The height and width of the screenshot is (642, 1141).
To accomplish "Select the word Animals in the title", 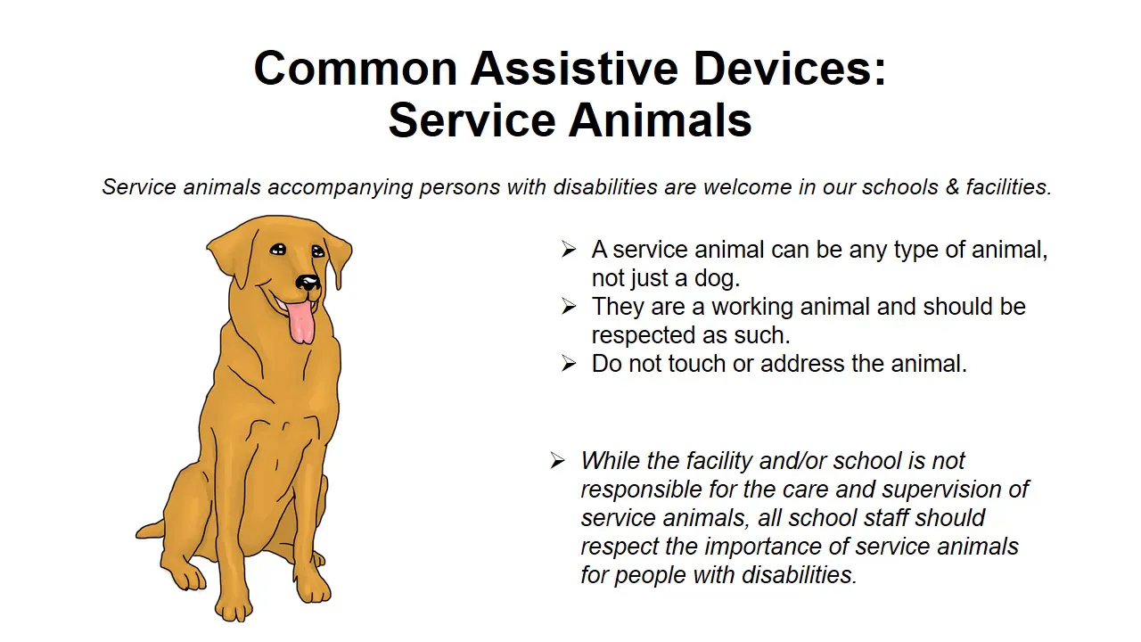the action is [661, 120].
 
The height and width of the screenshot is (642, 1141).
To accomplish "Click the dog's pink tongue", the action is [300, 322].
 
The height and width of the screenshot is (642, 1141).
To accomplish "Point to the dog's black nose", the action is [308, 282].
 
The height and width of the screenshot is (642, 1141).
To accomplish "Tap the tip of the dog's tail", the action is [137, 533].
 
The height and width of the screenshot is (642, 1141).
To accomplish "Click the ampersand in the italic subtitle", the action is [952, 187].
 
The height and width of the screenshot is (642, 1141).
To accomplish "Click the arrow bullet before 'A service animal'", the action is [569, 250].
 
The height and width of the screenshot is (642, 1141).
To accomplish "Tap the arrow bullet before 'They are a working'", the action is [569, 307].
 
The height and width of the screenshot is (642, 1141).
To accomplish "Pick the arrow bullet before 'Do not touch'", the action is [569, 364].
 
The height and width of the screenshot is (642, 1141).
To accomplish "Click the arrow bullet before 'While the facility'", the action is [558, 461].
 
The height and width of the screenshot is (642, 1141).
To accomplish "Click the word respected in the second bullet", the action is [644, 336].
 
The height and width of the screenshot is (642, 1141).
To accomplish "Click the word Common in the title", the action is [356, 69].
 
